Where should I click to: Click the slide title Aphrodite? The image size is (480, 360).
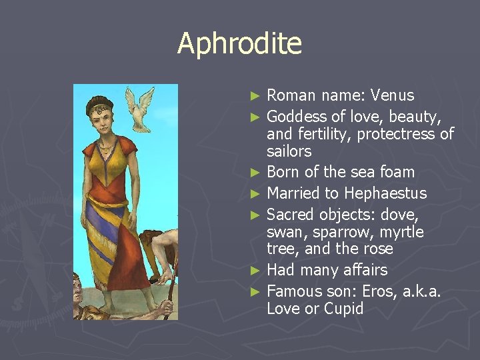(x=239, y=44)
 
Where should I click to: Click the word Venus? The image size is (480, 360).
(x=392, y=95)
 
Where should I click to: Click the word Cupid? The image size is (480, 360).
(x=343, y=309)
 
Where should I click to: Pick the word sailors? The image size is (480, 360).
(x=289, y=151)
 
